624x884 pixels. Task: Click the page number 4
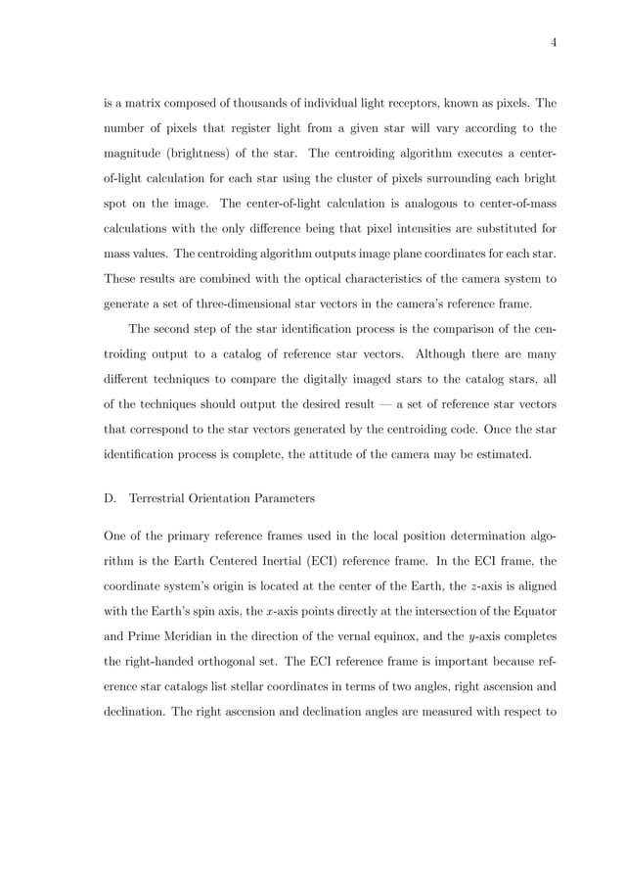[553, 40]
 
